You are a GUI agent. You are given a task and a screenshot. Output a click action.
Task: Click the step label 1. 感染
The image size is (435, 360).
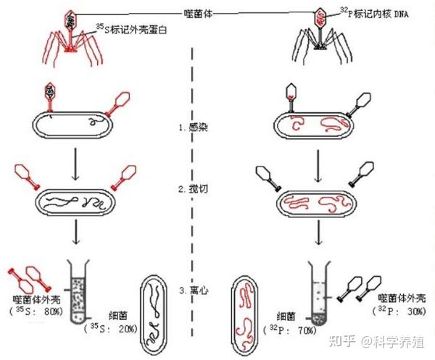194,126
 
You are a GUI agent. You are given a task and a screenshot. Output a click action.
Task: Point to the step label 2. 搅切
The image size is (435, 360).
194,189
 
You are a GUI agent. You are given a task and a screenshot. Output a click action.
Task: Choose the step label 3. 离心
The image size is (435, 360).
194,290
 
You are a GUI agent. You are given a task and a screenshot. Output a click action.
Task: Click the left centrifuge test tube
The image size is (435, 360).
78,290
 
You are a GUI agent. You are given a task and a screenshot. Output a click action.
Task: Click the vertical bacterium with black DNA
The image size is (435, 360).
154,307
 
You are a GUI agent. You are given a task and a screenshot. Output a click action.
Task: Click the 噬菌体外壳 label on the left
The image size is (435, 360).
38,298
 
